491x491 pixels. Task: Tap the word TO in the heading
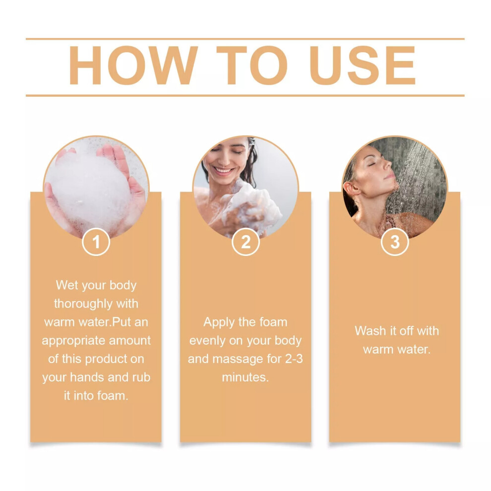click(x=252, y=65)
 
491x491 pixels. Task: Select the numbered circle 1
click(x=96, y=242)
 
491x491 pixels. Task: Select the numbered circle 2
click(x=245, y=242)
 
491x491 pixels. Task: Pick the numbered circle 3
click(x=395, y=242)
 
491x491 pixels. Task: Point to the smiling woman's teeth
click(x=224, y=171)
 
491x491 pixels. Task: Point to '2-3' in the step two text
click(x=294, y=359)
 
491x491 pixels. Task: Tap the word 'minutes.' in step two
click(x=245, y=377)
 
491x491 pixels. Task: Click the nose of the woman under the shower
click(x=389, y=163)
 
